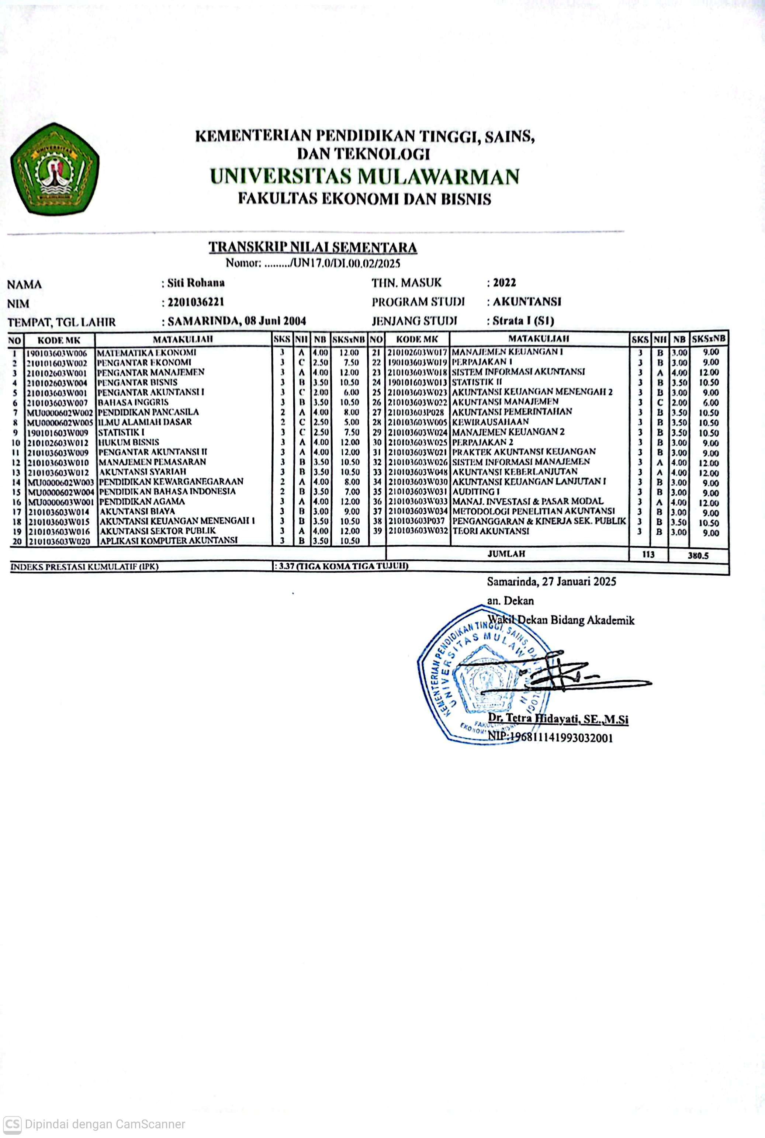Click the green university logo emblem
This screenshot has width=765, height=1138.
[55, 169]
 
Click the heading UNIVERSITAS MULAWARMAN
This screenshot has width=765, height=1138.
[364, 176]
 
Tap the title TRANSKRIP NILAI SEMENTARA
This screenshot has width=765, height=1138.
[313, 247]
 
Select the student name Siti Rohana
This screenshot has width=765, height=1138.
[195, 283]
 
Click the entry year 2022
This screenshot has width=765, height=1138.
[504, 282]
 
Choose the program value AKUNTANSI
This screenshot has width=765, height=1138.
[527, 301]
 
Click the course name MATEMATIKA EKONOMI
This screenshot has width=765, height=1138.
[147, 352]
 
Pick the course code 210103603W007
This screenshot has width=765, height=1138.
[58, 403]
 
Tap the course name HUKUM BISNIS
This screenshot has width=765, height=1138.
[129, 442]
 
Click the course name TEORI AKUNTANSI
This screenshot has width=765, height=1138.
[491, 531]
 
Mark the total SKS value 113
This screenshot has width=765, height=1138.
[648, 554]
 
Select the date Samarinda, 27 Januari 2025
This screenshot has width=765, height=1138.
[551, 582]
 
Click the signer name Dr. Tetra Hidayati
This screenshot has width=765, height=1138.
[558, 718]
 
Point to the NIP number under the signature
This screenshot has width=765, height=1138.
[550, 737]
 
